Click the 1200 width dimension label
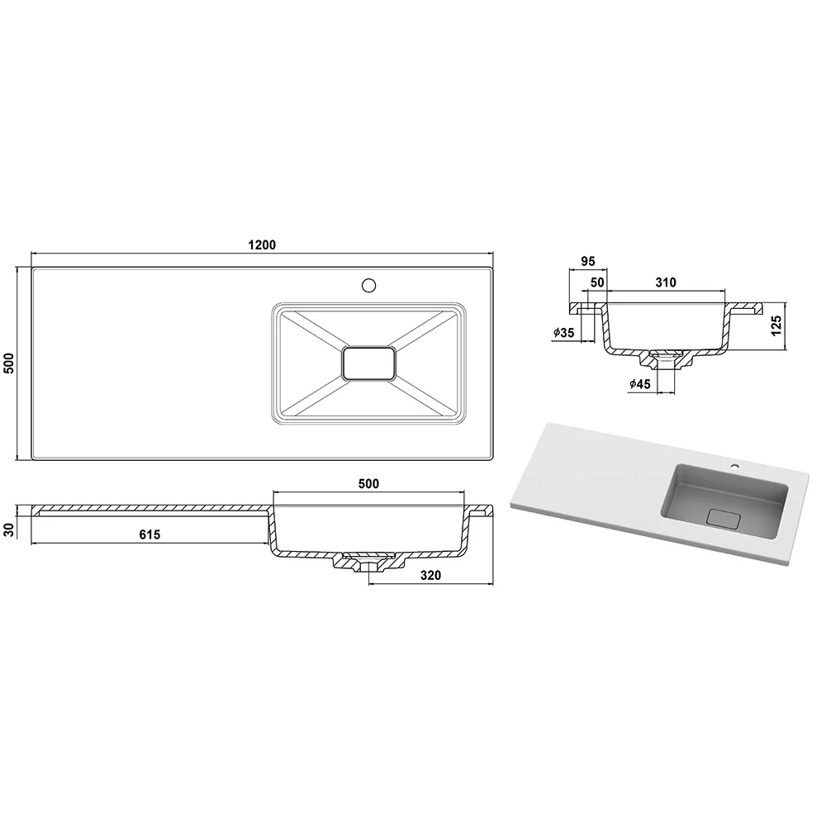pyautogui.click(x=262, y=245)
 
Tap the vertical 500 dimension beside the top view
pyautogui.click(x=9, y=363)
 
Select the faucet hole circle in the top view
pyautogui.click(x=368, y=286)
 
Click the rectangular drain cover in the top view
pyautogui.click(x=368, y=363)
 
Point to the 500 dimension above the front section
pyautogui.click(x=368, y=483)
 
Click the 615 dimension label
pyautogui.click(x=150, y=534)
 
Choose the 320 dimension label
pyautogui.click(x=430, y=575)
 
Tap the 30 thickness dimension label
pyautogui.click(x=9, y=530)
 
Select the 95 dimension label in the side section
pyautogui.click(x=588, y=261)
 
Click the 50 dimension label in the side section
pyautogui.click(x=597, y=282)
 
